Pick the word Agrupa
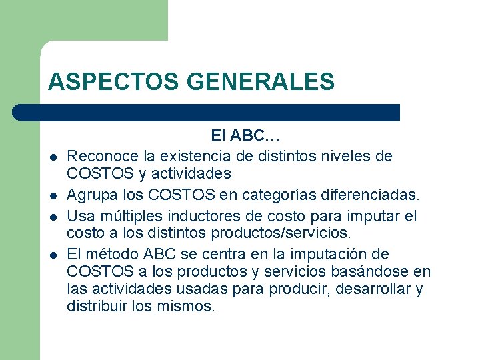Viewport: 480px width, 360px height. point(91,195)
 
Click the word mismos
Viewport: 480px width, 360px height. point(191,307)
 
